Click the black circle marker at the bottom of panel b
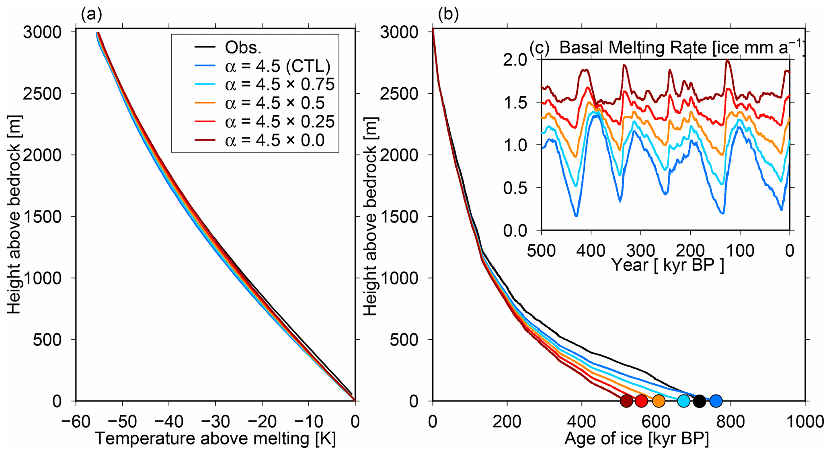coord(700,401)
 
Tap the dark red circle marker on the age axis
coord(626,401)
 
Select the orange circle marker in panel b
coord(659,401)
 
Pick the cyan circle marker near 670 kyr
coord(684,401)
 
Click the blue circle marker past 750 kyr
coord(716,401)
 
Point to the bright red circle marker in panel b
coord(642,401)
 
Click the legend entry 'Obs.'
coord(243,47)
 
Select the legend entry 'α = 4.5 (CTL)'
coord(277,66)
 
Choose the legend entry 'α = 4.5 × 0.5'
coord(275,103)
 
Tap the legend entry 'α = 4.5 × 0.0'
coord(275,140)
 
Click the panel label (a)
coord(91,14)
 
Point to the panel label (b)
coord(448,14)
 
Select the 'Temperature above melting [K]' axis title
coord(215,439)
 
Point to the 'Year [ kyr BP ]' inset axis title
coord(667,265)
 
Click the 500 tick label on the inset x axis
coord(542,251)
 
